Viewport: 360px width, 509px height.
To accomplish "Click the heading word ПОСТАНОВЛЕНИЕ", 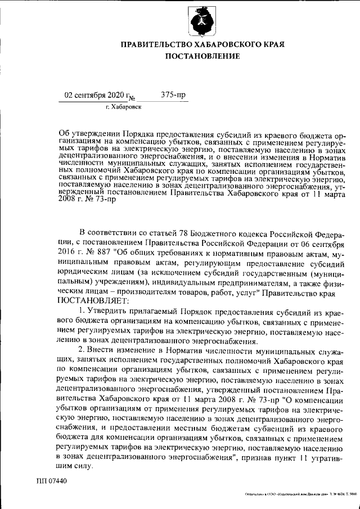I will coord(202,56).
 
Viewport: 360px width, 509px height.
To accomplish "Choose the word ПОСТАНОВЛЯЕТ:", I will coord(93,302).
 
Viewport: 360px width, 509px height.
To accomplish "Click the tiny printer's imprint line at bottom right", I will coord(301,494).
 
